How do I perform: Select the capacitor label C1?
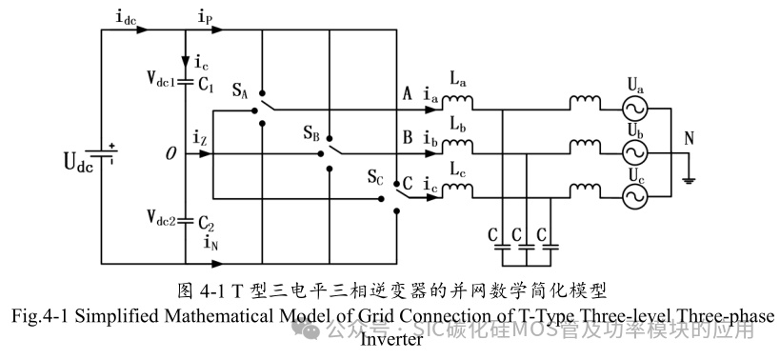click(x=207, y=84)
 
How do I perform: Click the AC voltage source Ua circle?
click(x=633, y=108)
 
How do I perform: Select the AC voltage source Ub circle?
click(x=633, y=151)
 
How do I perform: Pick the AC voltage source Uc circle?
click(x=633, y=195)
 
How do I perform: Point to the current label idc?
click(x=125, y=18)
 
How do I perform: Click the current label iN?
click(x=212, y=244)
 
